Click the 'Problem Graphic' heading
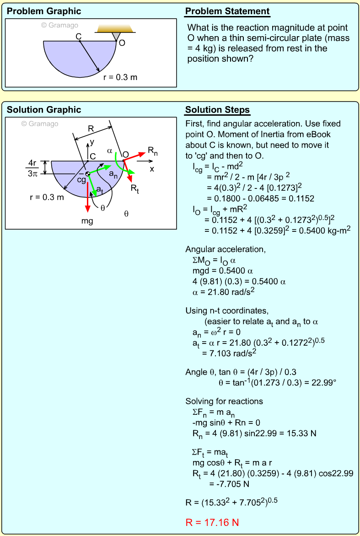coord(44,11)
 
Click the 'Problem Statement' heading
coord(227,11)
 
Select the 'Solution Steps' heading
coord(217,110)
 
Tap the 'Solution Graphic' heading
coord(44,110)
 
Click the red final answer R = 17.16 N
coord(212,522)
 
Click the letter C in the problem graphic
coord(79,36)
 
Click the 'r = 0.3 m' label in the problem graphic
coord(120,77)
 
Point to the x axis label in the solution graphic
coord(152,168)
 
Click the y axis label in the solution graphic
coord(91,142)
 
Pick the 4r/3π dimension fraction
coord(32,168)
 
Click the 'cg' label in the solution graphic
coord(81,180)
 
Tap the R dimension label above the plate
coord(91,129)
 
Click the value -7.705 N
coord(229,483)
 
